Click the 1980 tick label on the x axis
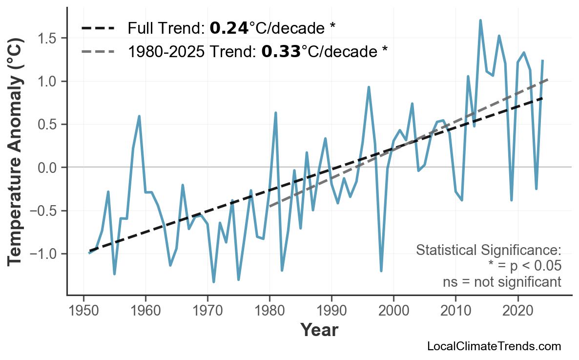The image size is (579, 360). [x=269, y=311]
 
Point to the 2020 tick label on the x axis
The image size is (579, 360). [x=517, y=311]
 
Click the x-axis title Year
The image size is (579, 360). [x=319, y=330]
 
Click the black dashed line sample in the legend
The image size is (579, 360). [x=97, y=28]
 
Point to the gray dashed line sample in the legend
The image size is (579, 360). [x=97, y=51]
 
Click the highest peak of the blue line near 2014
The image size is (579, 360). [x=480, y=21]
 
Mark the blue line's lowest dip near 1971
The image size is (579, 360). [x=214, y=282]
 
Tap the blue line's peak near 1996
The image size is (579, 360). [x=369, y=87]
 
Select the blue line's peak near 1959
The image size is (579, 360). [x=139, y=116]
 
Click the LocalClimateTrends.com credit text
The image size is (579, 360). [x=494, y=346]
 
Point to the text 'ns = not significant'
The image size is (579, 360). [x=502, y=282]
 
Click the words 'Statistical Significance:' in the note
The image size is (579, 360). [x=489, y=250]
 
